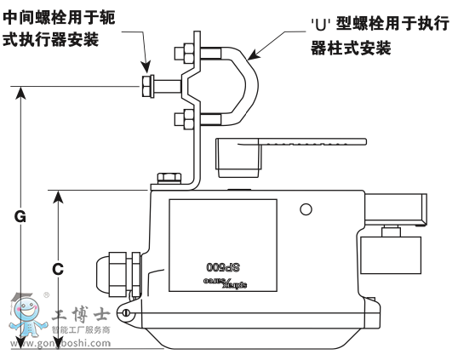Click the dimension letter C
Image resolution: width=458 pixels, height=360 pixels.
click(57, 269)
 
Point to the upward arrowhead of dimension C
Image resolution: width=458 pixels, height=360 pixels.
click(57, 197)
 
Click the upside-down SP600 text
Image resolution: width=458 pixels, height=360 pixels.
click(221, 265)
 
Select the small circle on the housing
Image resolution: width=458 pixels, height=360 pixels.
click(306, 209)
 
